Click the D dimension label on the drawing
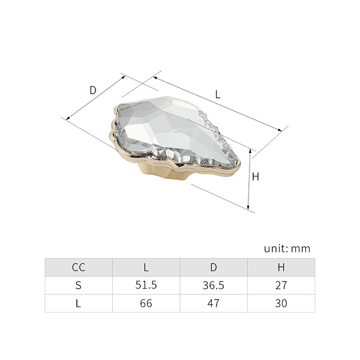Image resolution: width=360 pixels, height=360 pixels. pos(93,90)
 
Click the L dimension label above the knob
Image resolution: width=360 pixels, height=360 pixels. pos(218,94)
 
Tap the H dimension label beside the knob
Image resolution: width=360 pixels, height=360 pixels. pos(256,177)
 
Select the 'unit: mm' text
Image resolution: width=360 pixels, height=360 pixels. pos(287,248)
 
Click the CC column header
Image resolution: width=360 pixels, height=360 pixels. pos(79,267)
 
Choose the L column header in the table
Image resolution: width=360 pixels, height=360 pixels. pos(146,267)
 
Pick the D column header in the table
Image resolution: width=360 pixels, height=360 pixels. pos(214,267)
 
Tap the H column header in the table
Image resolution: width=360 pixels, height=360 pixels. pos(281,267)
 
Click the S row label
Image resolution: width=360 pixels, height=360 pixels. pos(78,285)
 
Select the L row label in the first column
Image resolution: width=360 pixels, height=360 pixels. pos(78,303)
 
